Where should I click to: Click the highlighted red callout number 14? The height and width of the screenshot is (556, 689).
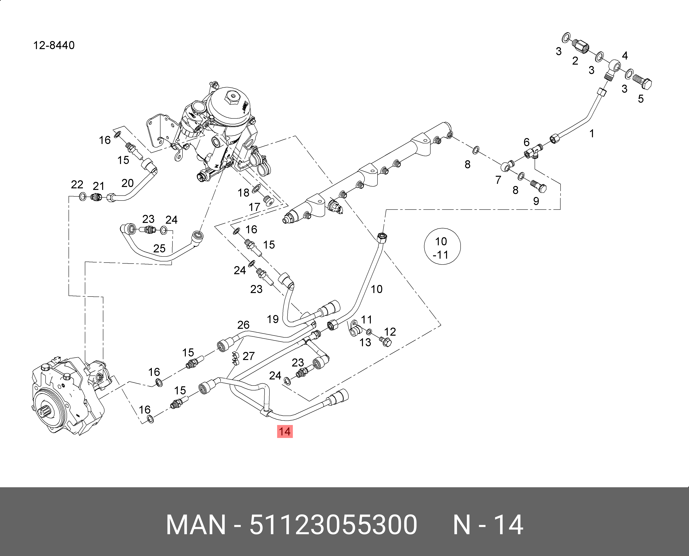point(284,432)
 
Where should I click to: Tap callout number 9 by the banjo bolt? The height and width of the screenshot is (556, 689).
point(536,201)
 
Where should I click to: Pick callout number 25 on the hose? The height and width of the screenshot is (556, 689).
point(159,248)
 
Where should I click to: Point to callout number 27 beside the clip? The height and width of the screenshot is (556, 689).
point(249,356)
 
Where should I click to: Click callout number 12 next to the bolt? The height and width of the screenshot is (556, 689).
point(390,332)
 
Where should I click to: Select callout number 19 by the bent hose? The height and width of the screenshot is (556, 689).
point(273,319)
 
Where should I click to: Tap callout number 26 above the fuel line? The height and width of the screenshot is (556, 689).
point(243,325)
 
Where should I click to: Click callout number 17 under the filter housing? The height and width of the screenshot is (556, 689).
point(254,207)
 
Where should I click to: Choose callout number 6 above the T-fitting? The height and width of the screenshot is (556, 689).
point(526,142)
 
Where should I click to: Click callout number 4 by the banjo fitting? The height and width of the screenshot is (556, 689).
point(625,56)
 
